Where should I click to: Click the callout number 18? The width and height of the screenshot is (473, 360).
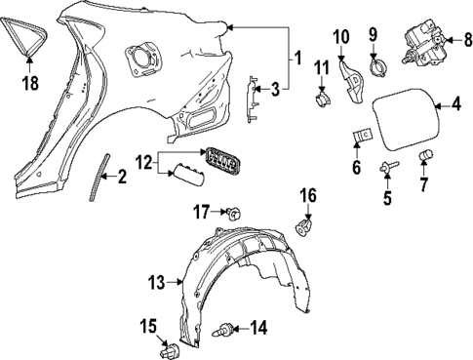[x=30, y=84]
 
